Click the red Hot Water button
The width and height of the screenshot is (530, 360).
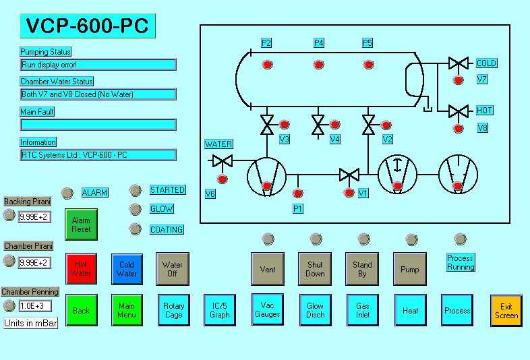tap(81, 269)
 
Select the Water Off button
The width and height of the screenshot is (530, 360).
tap(173, 269)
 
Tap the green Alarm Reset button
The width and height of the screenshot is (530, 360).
tap(81, 224)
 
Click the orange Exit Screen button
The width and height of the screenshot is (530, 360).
tap(506, 311)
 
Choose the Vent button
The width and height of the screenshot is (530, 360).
tap(268, 269)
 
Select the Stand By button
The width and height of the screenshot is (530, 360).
tap(362, 269)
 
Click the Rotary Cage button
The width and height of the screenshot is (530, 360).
tap(174, 310)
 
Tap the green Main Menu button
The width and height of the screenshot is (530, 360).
tap(127, 310)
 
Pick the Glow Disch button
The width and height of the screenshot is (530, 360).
tap(315, 310)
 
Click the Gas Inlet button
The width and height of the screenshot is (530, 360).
tap(363, 310)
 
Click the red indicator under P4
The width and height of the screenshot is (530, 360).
tap(318, 65)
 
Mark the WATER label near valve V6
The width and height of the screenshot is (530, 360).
tap(218, 144)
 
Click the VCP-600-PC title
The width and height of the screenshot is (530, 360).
tap(88, 26)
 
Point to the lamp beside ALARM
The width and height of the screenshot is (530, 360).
tap(67, 193)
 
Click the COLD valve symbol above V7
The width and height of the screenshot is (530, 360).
tap(459, 63)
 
